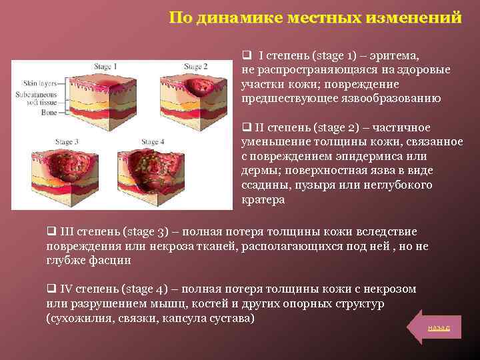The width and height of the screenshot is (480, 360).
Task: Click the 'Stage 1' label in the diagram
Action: [105, 67]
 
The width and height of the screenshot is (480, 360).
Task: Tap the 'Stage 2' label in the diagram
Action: [196, 67]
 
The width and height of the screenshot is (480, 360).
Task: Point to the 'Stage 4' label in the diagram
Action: [150, 142]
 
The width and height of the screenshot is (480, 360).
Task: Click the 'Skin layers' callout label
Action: [39, 84]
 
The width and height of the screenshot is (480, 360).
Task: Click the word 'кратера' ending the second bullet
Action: [263, 199]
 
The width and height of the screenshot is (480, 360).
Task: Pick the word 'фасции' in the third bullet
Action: [111, 260]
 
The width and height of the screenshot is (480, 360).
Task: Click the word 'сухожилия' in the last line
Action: [77, 319]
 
